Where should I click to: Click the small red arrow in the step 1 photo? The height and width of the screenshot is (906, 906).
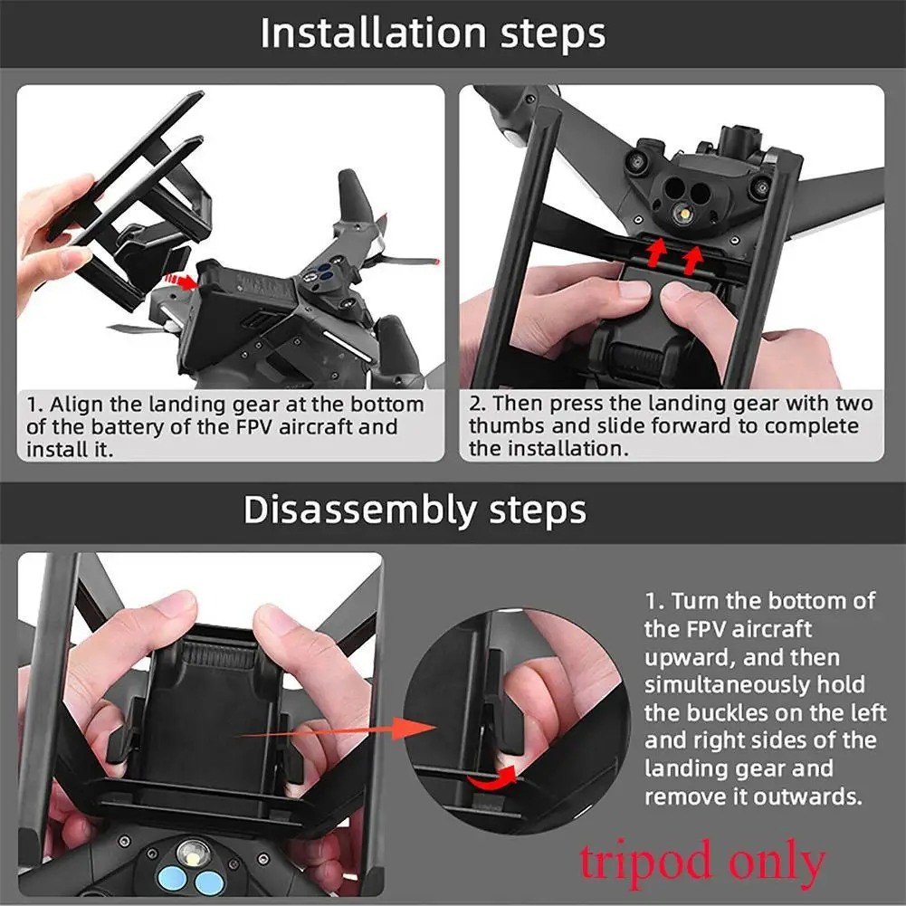click(x=186, y=282)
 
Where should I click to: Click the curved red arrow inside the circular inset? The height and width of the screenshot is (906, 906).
click(x=494, y=775)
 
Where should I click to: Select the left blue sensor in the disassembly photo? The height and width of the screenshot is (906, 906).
click(x=176, y=880)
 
